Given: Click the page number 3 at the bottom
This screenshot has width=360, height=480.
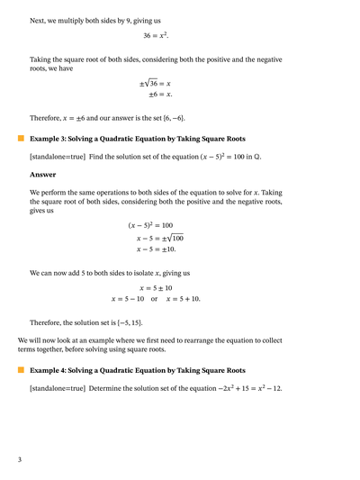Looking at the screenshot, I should [20, 460].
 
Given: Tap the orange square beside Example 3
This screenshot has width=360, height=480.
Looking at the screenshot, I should [21, 139].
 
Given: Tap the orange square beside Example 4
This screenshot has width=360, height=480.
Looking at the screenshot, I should [21, 370].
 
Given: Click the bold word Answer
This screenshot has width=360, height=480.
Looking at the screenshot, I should [42, 175].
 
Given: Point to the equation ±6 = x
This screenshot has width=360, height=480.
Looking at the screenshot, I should [160, 94].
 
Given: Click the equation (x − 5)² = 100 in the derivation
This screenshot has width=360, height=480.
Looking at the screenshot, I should [150, 225].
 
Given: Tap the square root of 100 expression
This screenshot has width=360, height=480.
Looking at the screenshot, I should [173, 238].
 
